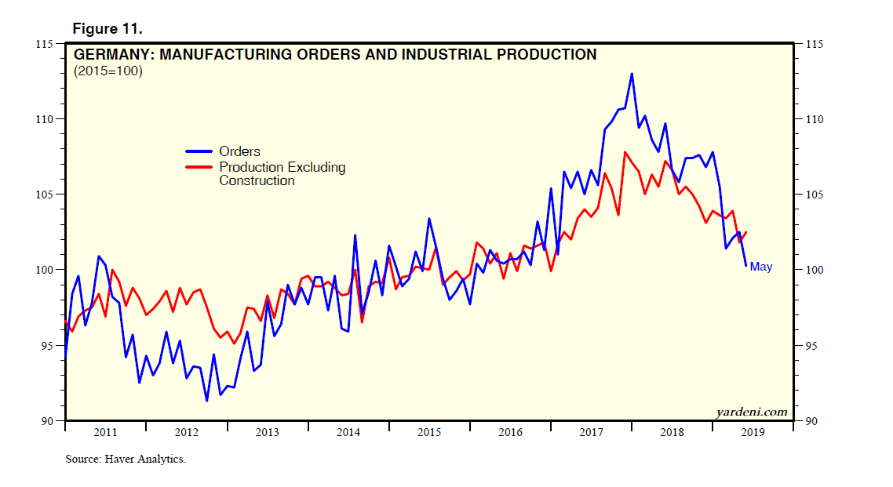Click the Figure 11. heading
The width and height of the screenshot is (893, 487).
click(107, 28)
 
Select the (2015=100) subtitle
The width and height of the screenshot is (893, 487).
click(108, 71)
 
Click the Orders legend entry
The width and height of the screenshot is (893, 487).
click(239, 151)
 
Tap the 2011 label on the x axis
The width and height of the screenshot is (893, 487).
click(105, 432)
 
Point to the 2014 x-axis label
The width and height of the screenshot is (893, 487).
click(348, 432)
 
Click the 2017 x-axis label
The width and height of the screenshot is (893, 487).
click(591, 432)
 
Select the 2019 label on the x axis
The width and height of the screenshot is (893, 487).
click(753, 432)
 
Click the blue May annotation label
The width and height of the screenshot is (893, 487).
click(760, 267)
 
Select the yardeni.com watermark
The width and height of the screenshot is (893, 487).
click(750, 411)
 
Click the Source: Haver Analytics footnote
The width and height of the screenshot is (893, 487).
click(126, 459)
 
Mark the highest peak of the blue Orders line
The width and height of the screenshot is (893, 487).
click(632, 74)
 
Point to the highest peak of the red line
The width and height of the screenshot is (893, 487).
click(625, 152)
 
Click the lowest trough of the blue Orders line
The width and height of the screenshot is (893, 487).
click(206, 401)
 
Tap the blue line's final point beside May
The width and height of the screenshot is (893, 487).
click(745, 266)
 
